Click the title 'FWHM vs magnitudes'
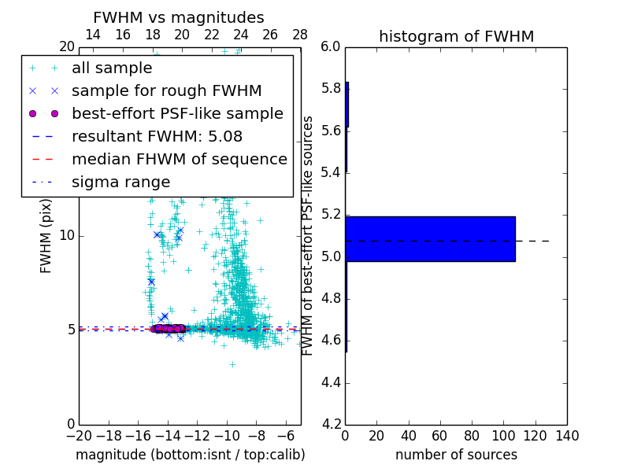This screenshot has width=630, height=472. (179, 17)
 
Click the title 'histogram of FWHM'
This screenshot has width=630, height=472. (456, 36)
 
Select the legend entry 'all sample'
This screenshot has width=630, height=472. (112, 68)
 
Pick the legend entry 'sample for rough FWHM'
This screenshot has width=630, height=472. (166, 91)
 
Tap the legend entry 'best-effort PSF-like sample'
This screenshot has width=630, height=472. (177, 113)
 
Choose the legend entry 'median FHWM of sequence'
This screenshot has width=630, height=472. (179, 159)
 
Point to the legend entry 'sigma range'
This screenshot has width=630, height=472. (120, 182)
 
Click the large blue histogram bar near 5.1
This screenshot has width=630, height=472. (430, 238)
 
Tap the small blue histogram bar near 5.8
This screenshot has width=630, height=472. (346, 105)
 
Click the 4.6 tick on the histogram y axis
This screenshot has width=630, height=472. (330, 341)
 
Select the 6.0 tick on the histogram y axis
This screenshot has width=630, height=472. (330, 46)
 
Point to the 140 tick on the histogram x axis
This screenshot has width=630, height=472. (567, 436)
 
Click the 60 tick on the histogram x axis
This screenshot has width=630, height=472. (440, 436)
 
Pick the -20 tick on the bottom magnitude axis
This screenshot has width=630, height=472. (79, 436)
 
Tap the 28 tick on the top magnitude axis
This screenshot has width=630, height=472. (300, 34)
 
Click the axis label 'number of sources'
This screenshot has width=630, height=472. (456, 455)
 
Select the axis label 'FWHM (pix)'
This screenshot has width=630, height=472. (46, 235)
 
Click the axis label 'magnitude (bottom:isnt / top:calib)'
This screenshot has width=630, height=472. (190, 455)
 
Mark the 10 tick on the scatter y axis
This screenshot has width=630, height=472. (66, 235)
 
